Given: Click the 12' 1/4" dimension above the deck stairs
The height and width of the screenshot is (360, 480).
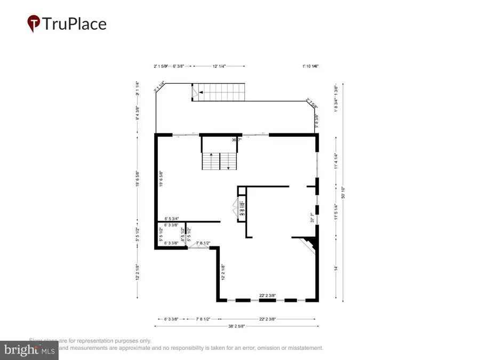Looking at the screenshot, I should (x=219, y=66).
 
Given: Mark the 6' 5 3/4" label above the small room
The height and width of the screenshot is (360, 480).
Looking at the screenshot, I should (x=172, y=219).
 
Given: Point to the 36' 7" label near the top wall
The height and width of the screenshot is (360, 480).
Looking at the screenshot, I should (x=236, y=140).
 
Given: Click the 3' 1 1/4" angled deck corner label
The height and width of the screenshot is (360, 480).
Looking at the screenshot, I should (x=159, y=86).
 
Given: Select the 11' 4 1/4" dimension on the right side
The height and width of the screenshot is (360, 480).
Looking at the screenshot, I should (x=336, y=161).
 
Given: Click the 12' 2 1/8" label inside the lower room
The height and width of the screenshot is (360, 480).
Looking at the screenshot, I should (x=222, y=274).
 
